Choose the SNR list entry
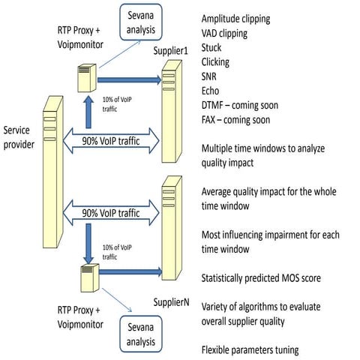213,76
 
